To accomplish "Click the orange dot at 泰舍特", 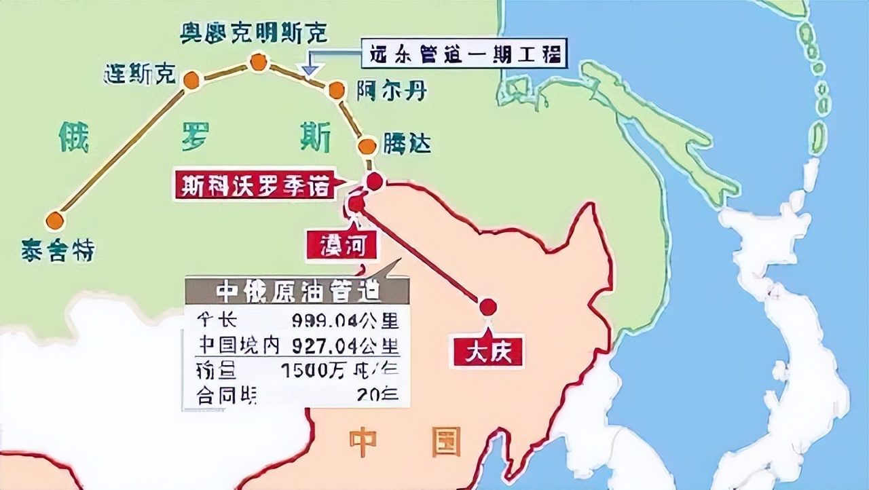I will pos(55,221).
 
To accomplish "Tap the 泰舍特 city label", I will pos(58,250).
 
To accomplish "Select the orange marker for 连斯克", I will pos(191,80).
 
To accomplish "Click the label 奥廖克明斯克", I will pos(254,32).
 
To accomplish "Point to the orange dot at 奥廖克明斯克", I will pos(257,62).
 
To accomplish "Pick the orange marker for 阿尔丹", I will pos(337,90).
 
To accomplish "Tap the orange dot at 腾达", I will pos(367,146).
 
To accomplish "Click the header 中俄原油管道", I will pos(297,291).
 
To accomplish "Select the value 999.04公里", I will pos(346,320).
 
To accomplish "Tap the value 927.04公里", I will pos(346,344).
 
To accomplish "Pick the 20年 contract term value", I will pos(380,394).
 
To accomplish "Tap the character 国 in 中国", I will pos(444,441).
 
